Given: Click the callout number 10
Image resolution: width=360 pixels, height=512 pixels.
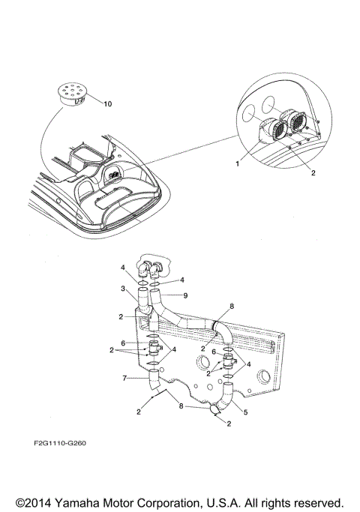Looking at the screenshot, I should [x=106, y=103].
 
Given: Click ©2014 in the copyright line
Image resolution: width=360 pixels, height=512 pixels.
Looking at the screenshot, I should [x=35, y=502].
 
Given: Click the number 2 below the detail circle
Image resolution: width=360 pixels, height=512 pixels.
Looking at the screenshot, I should [x=290, y=172].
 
